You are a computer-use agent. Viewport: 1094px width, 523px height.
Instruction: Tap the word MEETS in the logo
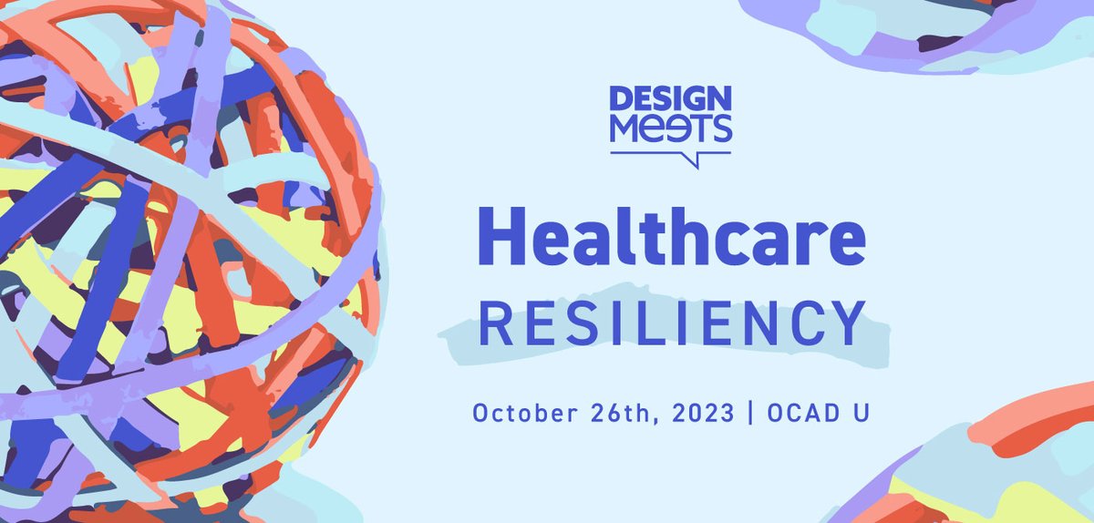click(670, 128)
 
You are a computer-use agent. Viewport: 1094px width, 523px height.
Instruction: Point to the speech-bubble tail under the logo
click(697, 160)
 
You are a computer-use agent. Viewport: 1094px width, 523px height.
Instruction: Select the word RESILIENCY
click(670, 323)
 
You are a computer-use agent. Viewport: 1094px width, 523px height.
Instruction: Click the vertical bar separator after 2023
click(750, 413)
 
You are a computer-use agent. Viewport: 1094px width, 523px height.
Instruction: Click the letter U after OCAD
click(859, 413)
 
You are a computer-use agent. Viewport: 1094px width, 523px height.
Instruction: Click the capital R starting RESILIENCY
click(493, 323)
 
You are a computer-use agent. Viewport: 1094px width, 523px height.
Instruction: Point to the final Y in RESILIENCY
click(849, 323)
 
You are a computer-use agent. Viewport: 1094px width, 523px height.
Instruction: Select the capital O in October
click(480, 413)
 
